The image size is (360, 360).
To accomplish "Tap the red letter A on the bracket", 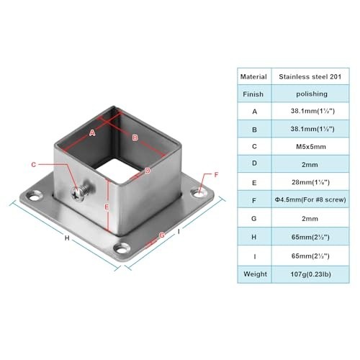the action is point(92,132).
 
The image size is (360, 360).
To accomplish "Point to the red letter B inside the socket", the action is point(135,138).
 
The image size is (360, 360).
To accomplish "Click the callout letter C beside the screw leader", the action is point(34,165).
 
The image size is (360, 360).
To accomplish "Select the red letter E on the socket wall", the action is point(107,207).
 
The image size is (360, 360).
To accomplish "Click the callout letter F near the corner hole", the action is point(216,175).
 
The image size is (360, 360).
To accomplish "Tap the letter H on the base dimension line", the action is point(67,238).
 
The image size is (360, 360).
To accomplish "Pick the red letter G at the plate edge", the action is point(162,235).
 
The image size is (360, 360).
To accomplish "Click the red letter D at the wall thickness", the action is point(148,171).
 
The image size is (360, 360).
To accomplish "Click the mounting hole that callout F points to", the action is point(199,193).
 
